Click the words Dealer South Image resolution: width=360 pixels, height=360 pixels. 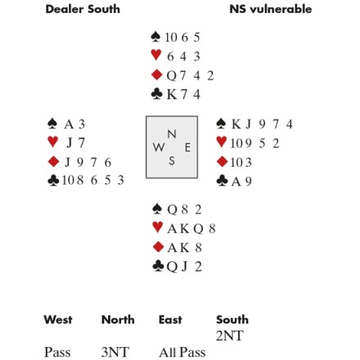[x=83, y=9]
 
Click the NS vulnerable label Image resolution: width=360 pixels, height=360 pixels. [x=271, y=9]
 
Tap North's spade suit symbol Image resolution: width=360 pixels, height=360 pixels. [x=155, y=37]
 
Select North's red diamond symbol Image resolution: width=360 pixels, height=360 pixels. [x=157, y=74]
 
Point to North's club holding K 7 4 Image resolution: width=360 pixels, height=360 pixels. [x=183, y=94]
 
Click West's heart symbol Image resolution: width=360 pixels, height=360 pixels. [x=52, y=142]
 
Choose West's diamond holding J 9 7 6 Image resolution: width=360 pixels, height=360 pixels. [x=88, y=162]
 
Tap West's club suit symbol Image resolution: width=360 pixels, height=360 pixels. [x=53, y=180]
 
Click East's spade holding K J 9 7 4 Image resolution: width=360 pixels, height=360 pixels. [x=262, y=124]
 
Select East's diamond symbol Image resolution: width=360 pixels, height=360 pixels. [x=222, y=161]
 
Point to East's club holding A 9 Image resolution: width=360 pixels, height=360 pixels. [x=241, y=182]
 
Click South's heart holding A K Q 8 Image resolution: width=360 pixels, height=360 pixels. [x=191, y=228]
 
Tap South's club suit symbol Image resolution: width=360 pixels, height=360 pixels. [x=159, y=266]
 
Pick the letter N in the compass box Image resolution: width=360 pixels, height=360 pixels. [x=172, y=134]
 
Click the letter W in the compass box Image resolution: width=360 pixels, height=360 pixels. [x=159, y=147]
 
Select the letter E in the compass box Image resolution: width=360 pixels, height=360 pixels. [x=187, y=147]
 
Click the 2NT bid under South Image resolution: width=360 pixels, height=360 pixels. [x=229, y=335]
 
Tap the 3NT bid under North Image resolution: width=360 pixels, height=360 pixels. [x=115, y=352]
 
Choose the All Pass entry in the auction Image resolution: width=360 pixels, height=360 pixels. [x=182, y=352]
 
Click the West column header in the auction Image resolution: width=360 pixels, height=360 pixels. [x=58, y=320]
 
